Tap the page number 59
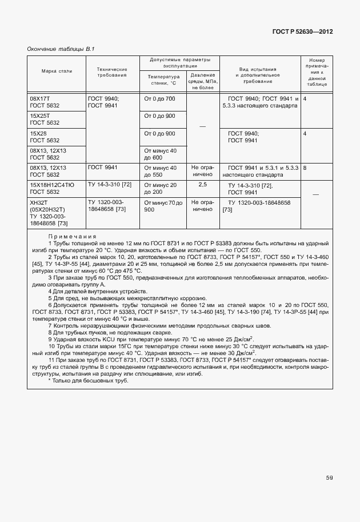pyautogui.click(x=329, y=477)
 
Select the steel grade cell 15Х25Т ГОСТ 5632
pyautogui.click(x=45, y=119)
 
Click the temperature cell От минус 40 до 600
pyautogui.click(x=161, y=154)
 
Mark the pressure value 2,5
pyautogui.click(x=203, y=185)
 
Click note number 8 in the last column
pyautogui.click(x=305, y=168)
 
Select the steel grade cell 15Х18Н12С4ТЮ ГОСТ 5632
pyautogui.click(x=53, y=189)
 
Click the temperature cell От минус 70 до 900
pyautogui.click(x=163, y=206)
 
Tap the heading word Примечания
pyautogui.click(x=72, y=236)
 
